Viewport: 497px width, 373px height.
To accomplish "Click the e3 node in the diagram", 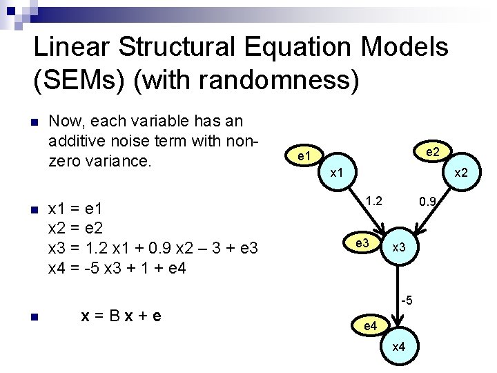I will tap(362, 243).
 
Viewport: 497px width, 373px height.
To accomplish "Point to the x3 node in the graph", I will tap(399, 248).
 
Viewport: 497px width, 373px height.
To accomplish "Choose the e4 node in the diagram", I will tap(370, 325).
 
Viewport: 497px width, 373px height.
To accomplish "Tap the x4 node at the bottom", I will tap(399, 347).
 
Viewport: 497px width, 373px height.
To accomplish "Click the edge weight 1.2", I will tap(374, 201).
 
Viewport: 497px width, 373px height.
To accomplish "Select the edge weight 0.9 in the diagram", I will tap(429, 202).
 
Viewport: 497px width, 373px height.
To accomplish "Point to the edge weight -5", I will tap(408, 300).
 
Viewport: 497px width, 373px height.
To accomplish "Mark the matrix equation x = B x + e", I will tap(121, 316).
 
